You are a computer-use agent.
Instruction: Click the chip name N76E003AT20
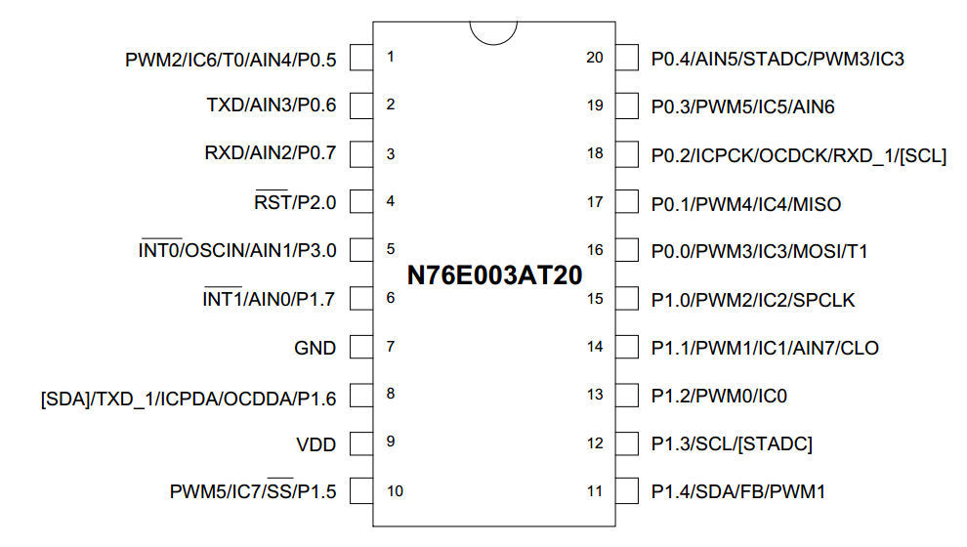(x=494, y=275)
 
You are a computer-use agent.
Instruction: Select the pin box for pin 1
(x=361, y=58)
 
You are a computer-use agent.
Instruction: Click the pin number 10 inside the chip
(x=395, y=491)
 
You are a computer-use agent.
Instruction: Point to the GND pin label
(x=315, y=348)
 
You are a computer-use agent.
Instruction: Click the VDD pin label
(x=315, y=444)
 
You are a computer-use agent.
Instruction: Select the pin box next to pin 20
(x=626, y=58)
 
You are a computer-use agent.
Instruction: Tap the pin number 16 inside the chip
(x=595, y=250)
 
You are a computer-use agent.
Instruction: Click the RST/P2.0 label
(x=295, y=201)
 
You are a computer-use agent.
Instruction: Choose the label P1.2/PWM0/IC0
(x=719, y=396)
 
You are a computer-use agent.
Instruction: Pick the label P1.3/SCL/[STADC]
(x=732, y=444)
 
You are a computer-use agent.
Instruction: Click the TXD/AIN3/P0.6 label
(x=272, y=105)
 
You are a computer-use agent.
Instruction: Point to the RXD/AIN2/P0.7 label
(x=271, y=152)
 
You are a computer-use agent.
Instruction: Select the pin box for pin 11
(x=626, y=491)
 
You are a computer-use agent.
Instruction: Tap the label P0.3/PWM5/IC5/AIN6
(x=742, y=106)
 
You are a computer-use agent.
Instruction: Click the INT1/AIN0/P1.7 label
(x=269, y=299)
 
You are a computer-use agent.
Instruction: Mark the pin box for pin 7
(x=361, y=347)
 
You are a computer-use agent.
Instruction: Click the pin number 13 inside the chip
(x=595, y=394)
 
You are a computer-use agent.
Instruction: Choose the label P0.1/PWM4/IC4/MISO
(x=746, y=204)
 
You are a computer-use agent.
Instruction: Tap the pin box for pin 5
(x=361, y=250)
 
